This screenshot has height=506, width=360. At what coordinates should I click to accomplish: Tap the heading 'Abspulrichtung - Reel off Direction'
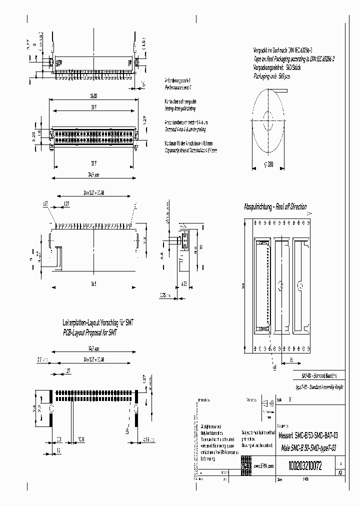coord(274,207)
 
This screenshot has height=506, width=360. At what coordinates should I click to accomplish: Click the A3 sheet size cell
coord(340,472)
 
